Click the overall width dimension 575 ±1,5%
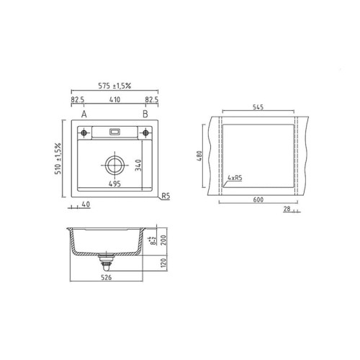[x=114, y=86]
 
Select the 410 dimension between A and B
[x=115, y=102]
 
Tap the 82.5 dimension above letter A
[x=78, y=102]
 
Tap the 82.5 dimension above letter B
[x=152, y=102]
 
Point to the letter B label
[x=145, y=114]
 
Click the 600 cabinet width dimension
[x=258, y=201]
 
